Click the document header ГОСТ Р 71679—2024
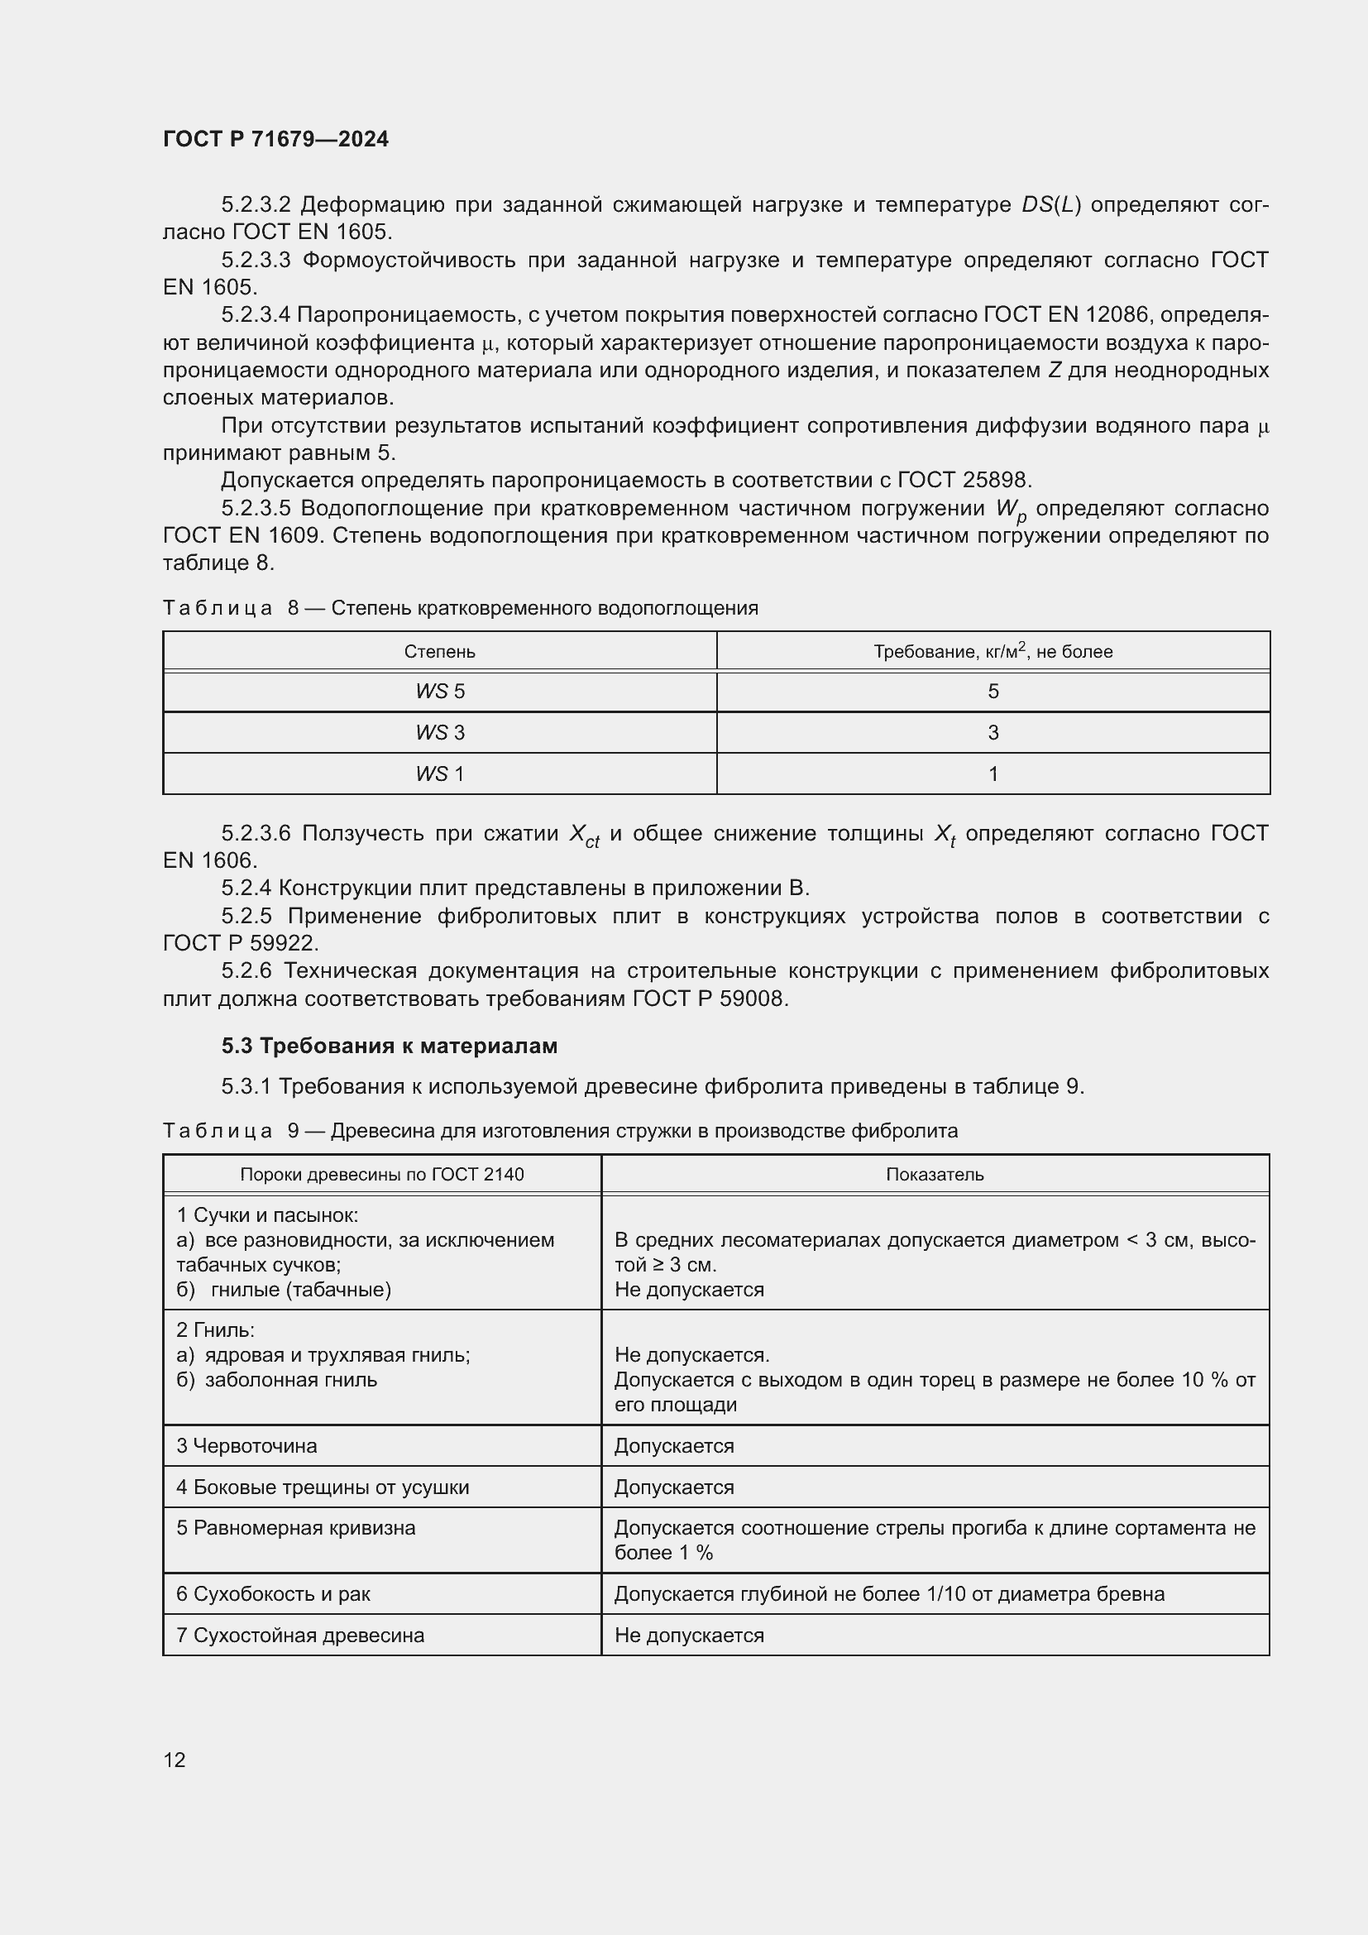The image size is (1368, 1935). pyautogui.click(x=275, y=139)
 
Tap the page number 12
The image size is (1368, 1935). pyautogui.click(x=175, y=1760)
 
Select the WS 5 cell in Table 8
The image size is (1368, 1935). pyautogui.click(x=440, y=691)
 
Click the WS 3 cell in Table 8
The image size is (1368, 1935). pyautogui.click(x=440, y=732)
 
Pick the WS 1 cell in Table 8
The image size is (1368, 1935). pyautogui.click(x=440, y=774)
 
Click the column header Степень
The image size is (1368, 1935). pyautogui.click(x=440, y=651)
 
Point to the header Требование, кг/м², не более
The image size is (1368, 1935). pyautogui.click(x=993, y=651)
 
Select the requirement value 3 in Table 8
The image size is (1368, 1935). pyautogui.click(x=993, y=732)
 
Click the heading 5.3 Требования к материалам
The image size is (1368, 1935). pyautogui.click(x=390, y=1046)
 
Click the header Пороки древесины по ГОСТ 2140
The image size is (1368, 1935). pyautogui.click(x=381, y=1174)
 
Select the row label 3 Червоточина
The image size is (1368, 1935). pyautogui.click(x=246, y=1445)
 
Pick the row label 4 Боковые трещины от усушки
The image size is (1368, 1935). pyautogui.click(x=323, y=1487)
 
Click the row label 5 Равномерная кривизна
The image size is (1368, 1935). pyautogui.click(x=295, y=1528)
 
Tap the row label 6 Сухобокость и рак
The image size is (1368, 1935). pyautogui.click(x=273, y=1593)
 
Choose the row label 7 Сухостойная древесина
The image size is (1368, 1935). pyautogui.click(x=300, y=1635)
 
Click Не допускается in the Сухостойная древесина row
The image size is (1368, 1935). pyautogui.click(x=689, y=1635)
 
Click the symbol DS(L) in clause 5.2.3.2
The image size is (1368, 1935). pyautogui.click(x=1050, y=205)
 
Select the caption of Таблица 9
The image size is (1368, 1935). pyautogui.click(x=560, y=1130)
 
